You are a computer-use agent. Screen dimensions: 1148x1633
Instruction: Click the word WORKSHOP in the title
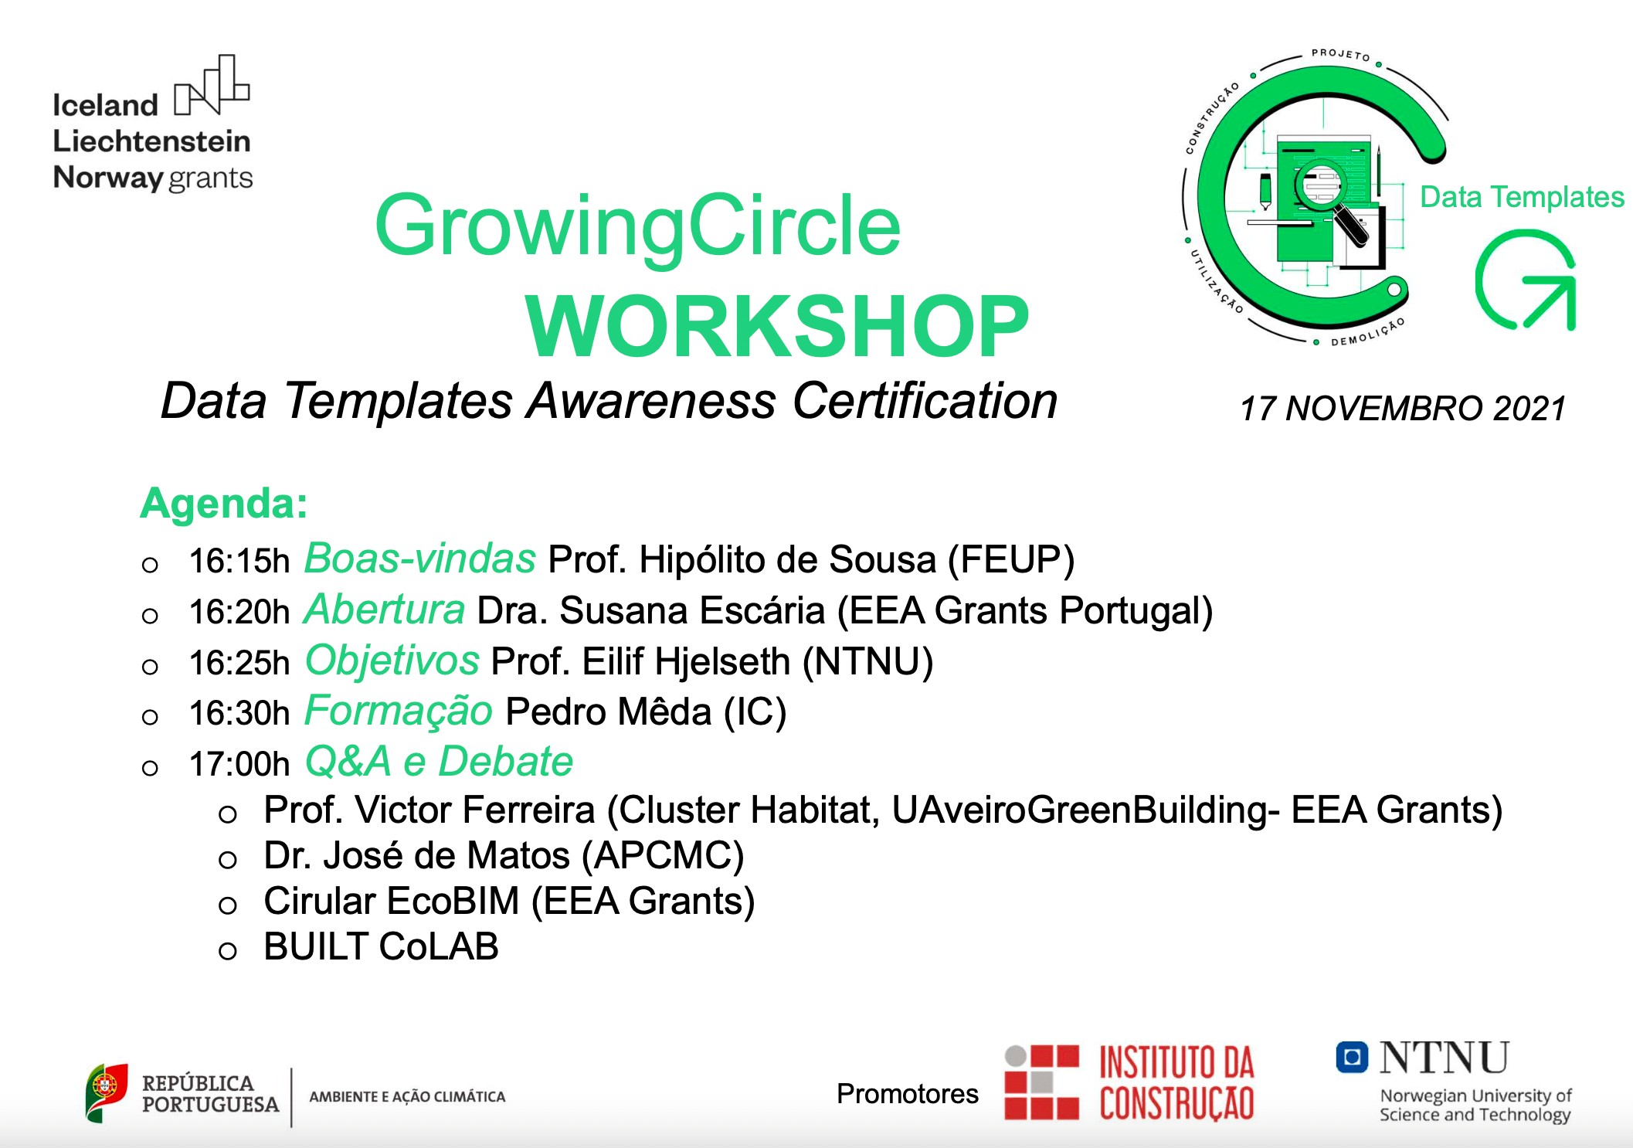coord(776,327)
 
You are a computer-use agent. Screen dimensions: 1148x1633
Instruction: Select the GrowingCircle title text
coord(637,226)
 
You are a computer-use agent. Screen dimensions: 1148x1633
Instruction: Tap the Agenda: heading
coord(224,504)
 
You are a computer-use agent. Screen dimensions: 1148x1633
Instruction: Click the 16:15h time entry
coord(239,561)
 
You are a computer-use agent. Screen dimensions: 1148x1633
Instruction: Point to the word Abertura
coord(385,610)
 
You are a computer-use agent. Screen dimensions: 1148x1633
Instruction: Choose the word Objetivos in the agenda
coord(392,661)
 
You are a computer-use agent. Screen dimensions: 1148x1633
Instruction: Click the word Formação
coord(399,711)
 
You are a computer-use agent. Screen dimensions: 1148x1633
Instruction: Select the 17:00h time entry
coord(239,764)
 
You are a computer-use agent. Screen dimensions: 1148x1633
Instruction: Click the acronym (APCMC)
coord(662,856)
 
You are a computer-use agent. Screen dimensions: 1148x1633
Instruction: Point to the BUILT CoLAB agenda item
coord(381,947)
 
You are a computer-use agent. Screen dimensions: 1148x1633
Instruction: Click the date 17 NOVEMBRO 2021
coord(1402,409)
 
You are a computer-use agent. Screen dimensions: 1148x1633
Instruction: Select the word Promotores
coord(907,1094)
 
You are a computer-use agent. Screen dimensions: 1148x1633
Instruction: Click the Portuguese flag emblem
coord(106,1091)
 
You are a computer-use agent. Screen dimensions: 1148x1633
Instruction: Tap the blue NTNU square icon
coord(1352,1058)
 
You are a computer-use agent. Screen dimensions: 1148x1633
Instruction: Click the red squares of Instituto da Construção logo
coord(1041,1082)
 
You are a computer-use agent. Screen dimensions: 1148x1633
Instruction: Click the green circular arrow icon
coord(1526,281)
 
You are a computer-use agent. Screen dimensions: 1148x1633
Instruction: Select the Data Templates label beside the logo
coord(1522,197)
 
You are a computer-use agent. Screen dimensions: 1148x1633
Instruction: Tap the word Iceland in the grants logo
coord(105,105)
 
